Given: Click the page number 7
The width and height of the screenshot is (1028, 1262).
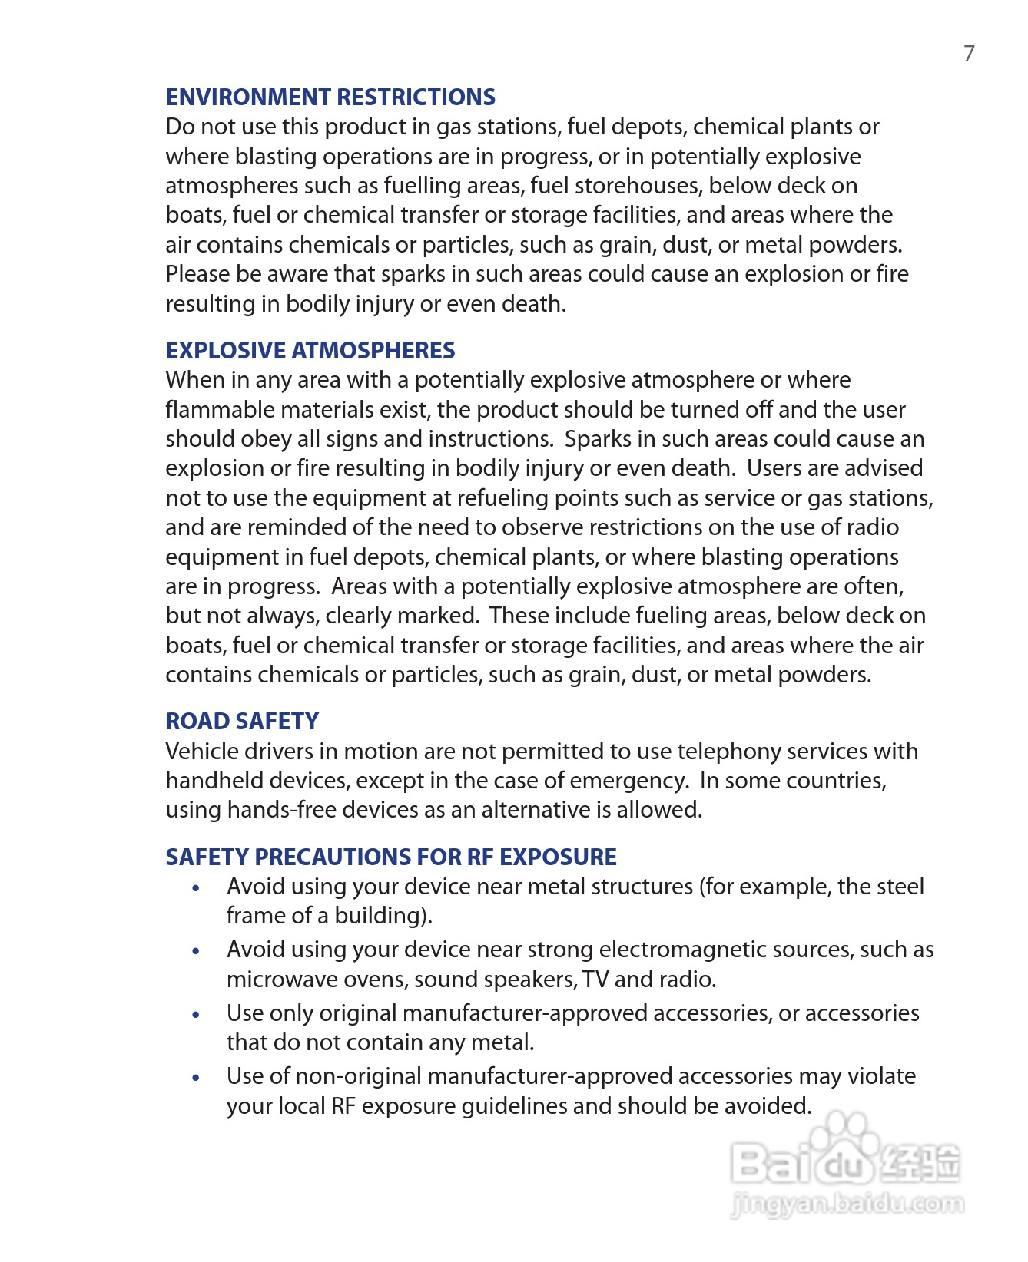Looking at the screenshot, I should (x=969, y=54).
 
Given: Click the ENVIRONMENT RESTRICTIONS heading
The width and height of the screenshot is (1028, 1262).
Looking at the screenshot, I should (x=330, y=97).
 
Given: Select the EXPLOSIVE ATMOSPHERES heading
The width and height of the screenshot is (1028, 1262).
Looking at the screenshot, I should (x=310, y=351).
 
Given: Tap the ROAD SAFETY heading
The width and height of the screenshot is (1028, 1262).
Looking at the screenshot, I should (x=242, y=722).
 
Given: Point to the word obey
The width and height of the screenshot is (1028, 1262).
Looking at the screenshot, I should (x=265, y=440).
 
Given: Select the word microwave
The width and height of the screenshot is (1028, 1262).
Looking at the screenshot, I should (x=277, y=980).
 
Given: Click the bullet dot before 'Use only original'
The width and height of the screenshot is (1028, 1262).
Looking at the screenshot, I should (x=197, y=1015).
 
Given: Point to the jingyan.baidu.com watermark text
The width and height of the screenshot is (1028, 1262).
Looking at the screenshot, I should (x=847, y=1204).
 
